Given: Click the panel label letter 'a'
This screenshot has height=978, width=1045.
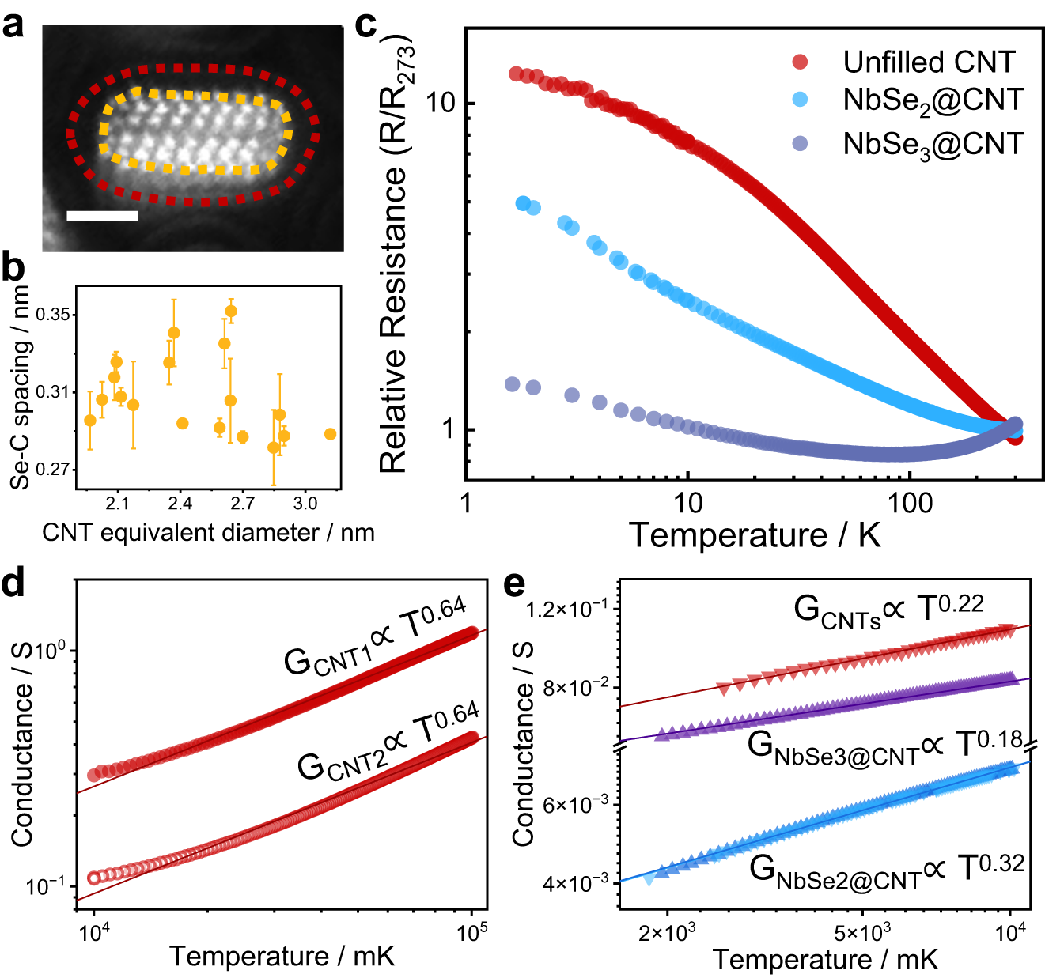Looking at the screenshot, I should coord(13,25).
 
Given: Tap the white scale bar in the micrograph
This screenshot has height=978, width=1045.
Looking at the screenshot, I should coord(102,215).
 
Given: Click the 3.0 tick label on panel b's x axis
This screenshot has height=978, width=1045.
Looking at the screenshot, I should coord(305,504).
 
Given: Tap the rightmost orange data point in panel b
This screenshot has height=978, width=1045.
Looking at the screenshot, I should coord(331,434).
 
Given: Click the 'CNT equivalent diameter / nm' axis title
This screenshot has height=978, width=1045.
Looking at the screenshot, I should coord(208,532).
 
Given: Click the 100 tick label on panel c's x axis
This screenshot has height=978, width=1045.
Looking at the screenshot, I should coord(910,502).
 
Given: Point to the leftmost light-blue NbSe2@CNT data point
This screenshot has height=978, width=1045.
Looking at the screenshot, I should coord(523,204).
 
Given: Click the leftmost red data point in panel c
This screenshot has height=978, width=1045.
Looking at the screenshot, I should coord(516,74).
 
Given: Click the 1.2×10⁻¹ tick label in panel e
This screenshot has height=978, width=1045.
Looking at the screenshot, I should coord(568,610).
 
